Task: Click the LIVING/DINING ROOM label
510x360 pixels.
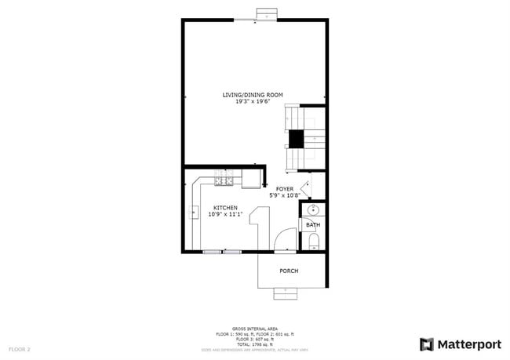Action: coord(253,95)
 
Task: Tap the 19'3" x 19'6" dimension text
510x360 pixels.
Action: coord(253,101)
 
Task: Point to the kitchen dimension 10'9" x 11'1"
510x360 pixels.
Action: coord(225,214)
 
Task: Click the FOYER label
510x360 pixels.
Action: coord(284,189)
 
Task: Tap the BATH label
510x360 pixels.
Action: coord(312,225)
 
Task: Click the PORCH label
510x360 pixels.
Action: coord(289,271)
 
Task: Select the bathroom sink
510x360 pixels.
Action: coord(313,210)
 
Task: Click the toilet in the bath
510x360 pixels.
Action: coord(313,240)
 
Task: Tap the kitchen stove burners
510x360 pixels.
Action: coord(223,182)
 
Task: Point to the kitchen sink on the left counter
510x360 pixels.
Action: coord(193,212)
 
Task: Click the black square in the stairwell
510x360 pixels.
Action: coord(296,139)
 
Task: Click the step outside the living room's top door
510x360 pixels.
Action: coord(268,14)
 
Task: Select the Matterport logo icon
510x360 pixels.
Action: coord(427,344)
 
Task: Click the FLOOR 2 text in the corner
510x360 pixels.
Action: coord(20,348)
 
